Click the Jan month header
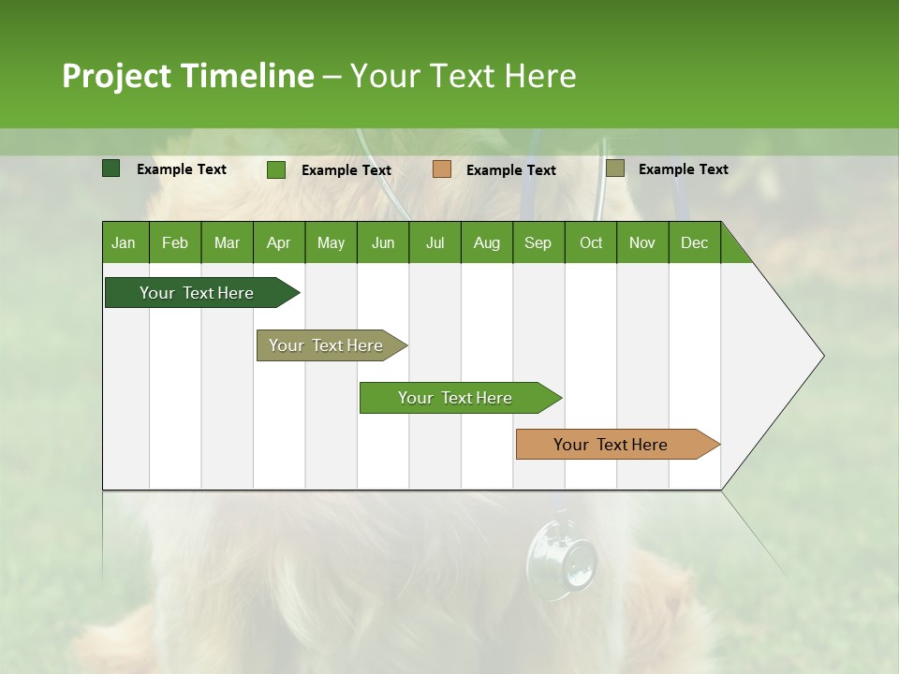(x=124, y=242)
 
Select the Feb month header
(x=175, y=242)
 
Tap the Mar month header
(x=227, y=242)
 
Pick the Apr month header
(x=278, y=242)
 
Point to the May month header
(x=331, y=242)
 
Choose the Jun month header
(x=383, y=242)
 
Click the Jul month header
(x=435, y=242)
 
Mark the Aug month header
(x=487, y=242)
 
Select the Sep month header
(x=538, y=242)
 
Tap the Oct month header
(x=591, y=242)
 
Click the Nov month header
(x=641, y=242)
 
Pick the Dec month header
(x=694, y=242)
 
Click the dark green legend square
(x=111, y=168)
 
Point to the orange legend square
(x=442, y=168)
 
